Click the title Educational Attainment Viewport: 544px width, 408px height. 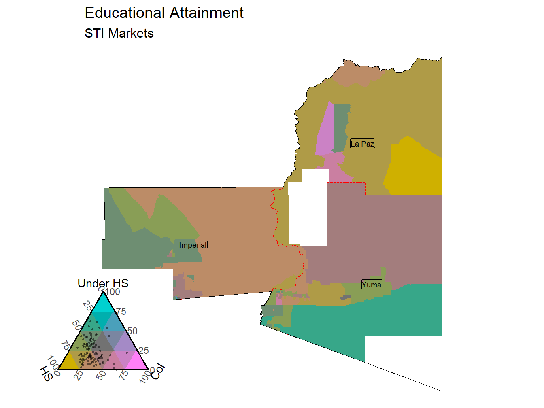[x=164, y=13]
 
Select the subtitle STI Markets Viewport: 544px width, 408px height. [x=119, y=33]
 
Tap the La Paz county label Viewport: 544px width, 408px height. [x=362, y=144]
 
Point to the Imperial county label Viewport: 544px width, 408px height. [x=193, y=245]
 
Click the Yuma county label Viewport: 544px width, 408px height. [x=372, y=285]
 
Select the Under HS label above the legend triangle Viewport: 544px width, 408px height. [x=103, y=283]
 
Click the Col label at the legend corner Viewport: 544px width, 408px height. [x=158, y=372]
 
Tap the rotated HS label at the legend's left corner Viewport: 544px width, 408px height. [x=47, y=374]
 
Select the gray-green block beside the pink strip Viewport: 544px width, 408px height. [x=341, y=125]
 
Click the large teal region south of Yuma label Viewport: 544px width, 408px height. [x=364, y=320]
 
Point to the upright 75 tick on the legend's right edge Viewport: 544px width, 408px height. [x=121, y=312]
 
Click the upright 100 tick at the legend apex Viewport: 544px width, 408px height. [x=113, y=292]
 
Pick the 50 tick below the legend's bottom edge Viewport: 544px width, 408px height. [x=101, y=376]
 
